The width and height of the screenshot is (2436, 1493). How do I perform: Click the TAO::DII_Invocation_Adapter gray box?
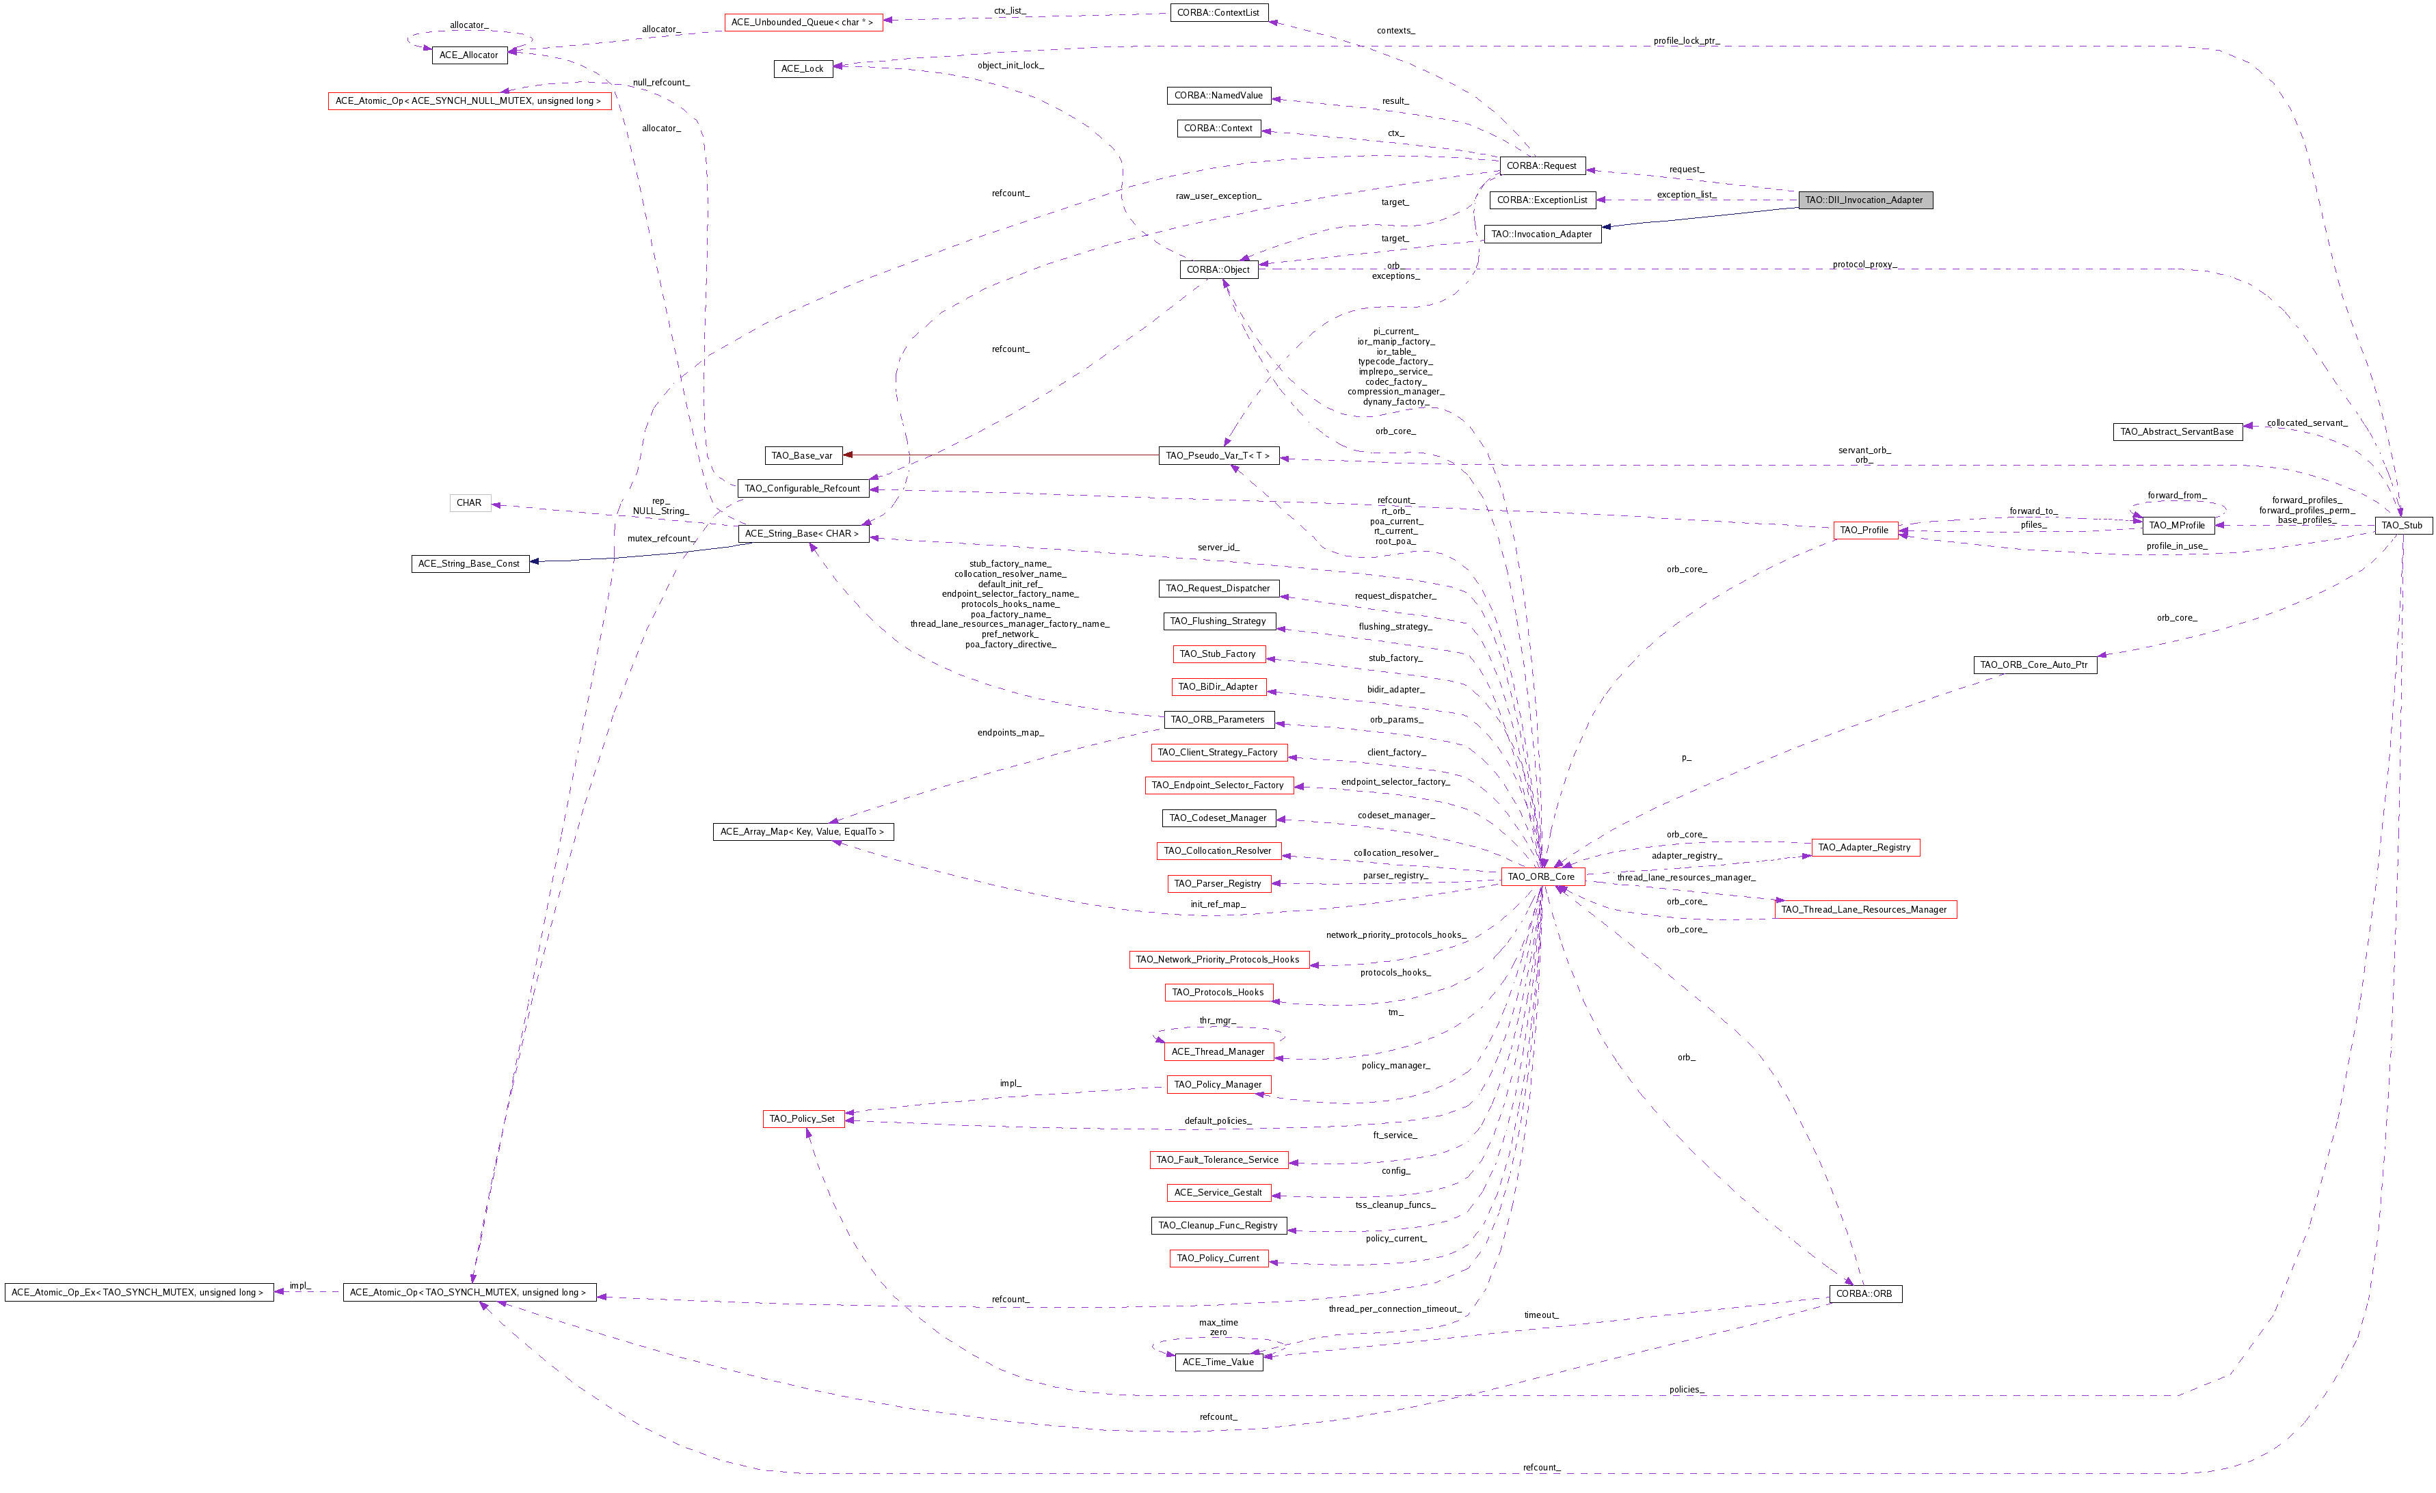pos(1864,200)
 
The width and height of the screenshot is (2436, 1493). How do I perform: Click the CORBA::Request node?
pos(1541,166)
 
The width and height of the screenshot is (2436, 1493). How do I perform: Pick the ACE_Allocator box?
pos(468,55)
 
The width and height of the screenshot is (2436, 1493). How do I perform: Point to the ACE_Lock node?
pos(802,68)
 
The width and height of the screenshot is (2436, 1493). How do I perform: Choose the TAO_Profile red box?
pos(1864,530)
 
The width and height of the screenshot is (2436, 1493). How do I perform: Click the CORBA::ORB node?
pos(1864,1293)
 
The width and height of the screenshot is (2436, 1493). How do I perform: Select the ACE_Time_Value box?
pos(1218,1362)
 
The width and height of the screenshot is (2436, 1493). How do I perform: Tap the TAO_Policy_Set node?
pos(802,1119)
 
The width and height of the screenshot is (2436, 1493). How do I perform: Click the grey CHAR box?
pos(468,503)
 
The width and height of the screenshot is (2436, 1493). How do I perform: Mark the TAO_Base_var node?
pos(802,456)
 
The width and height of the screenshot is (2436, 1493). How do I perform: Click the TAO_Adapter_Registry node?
pos(1864,848)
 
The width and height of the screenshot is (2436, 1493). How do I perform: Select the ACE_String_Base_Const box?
pos(468,563)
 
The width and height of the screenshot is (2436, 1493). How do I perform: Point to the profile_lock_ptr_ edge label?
pos(1685,40)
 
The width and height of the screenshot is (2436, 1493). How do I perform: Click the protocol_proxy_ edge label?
pos(1864,264)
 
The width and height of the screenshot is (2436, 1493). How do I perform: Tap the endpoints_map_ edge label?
pos(1009,733)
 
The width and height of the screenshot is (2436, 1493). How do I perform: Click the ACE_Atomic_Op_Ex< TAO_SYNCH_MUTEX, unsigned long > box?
pos(137,1292)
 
